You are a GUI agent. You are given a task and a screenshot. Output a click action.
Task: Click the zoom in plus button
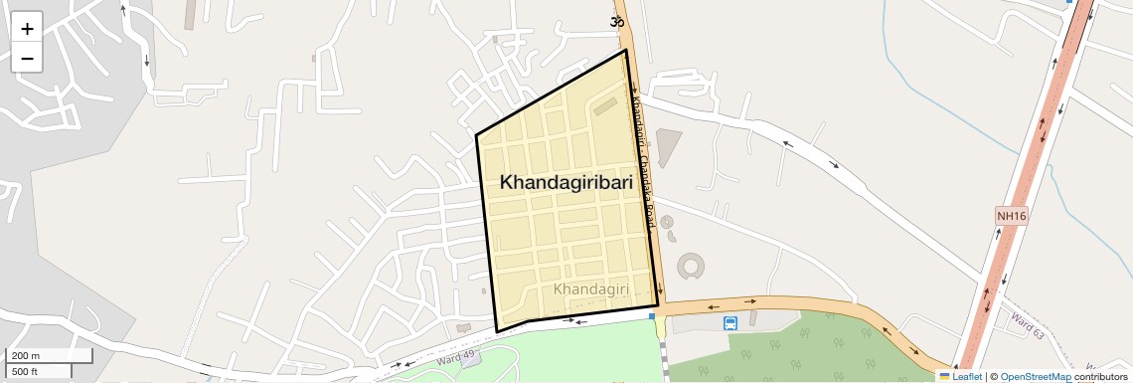tap(27, 29)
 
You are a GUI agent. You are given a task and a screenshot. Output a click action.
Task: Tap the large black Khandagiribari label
tap(566, 183)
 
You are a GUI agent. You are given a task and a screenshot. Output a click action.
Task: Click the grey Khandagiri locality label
tap(591, 288)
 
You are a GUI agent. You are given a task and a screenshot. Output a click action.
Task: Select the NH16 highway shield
tap(1010, 216)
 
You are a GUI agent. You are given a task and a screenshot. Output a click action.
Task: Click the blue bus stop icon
tap(730, 323)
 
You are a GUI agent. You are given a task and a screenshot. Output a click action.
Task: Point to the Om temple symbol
tap(617, 22)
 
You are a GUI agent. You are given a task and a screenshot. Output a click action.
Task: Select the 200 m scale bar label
tap(26, 356)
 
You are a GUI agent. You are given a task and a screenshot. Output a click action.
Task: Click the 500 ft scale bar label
tap(25, 371)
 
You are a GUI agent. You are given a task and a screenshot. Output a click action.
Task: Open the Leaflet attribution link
tap(967, 377)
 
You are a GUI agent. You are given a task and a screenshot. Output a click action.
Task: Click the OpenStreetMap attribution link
tap(1035, 377)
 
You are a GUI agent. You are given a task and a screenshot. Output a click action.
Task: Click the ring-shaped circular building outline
tap(690, 266)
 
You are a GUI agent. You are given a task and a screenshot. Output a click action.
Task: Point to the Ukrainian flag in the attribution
tap(944, 377)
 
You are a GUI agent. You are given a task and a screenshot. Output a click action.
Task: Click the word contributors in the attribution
tap(1100, 377)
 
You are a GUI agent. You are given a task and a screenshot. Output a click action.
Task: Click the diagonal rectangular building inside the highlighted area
tap(605, 105)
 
